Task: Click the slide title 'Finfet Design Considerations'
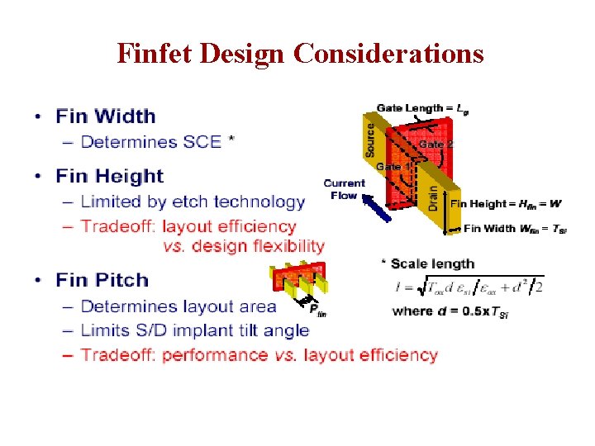click(x=300, y=53)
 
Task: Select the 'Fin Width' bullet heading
click(x=106, y=116)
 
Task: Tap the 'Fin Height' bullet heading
click(x=110, y=176)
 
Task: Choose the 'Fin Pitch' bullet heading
click(x=102, y=281)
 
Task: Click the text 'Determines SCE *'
click(x=157, y=142)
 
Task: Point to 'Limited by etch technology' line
click(x=193, y=202)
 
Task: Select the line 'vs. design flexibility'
click(x=243, y=246)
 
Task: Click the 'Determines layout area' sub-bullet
click(x=178, y=306)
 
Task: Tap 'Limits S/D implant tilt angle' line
click(x=195, y=330)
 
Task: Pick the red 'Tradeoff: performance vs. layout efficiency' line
click(x=259, y=355)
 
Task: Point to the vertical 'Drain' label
click(x=434, y=196)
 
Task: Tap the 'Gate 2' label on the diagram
click(x=436, y=145)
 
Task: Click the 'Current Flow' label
click(x=344, y=189)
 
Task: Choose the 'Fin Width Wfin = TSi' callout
click(x=515, y=229)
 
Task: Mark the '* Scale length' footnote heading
click(x=427, y=264)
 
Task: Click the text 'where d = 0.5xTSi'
click(x=450, y=312)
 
